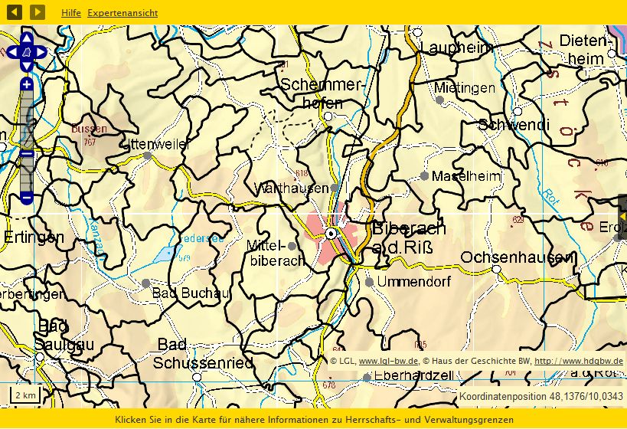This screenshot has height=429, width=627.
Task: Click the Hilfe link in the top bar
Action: coord(71,13)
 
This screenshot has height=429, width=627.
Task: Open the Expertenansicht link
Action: coord(122,13)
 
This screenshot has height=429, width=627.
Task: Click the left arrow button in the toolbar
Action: coord(15,12)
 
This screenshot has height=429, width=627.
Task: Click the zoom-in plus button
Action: coord(27,84)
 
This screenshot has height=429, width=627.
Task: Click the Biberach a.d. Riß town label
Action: coord(409,237)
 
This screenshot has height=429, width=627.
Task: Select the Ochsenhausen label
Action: coord(517,257)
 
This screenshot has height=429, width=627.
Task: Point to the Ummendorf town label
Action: coord(414,282)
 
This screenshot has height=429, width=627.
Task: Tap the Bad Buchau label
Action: coord(191,293)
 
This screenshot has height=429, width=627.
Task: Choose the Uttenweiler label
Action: coord(165,143)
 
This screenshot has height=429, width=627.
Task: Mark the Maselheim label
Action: coord(465,176)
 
